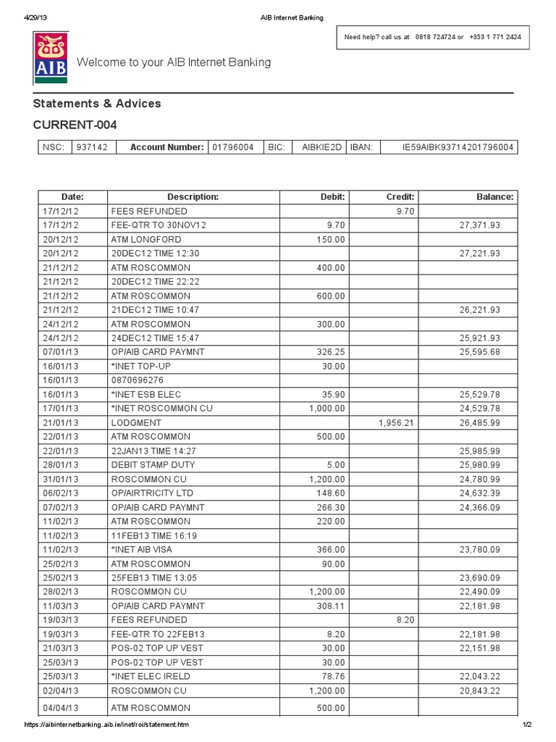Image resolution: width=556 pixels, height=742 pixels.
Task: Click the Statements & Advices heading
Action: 97,104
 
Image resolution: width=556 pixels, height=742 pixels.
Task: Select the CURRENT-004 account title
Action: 75,125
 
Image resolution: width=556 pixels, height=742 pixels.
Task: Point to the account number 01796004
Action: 232,147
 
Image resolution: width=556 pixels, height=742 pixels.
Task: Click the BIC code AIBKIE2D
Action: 321,147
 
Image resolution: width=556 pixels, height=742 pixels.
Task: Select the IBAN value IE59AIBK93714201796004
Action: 458,147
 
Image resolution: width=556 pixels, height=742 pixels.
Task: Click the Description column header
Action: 193,197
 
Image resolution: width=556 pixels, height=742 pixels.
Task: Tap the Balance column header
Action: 494,197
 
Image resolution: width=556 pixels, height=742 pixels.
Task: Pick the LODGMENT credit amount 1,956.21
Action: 395,422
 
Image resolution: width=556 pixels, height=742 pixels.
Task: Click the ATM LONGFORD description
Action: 146,239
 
